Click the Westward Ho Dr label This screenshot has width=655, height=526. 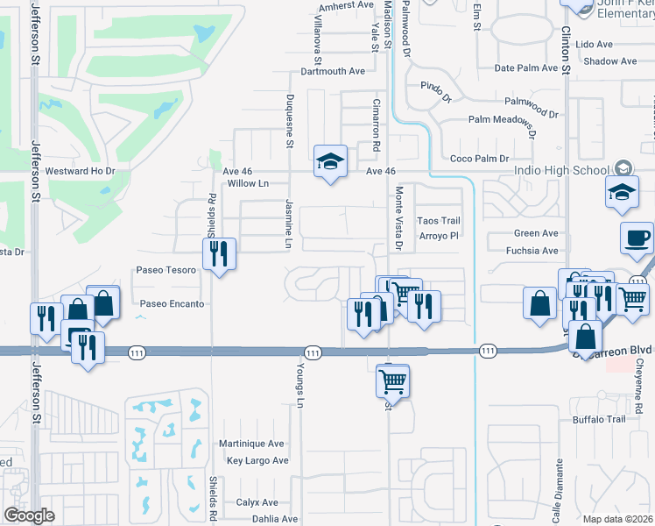pos(81,171)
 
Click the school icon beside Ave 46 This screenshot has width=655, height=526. pos(330,161)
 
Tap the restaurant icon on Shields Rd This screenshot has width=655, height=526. pos(219,255)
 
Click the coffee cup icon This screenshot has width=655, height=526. pos(637,237)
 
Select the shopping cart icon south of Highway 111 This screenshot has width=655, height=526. pos(393,381)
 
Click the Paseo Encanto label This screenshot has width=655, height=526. pos(173,304)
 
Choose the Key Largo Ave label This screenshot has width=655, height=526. pos(257,460)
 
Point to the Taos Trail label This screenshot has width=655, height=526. pos(438,221)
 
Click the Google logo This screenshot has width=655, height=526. pos(29,515)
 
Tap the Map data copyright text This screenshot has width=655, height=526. pos(618,519)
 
